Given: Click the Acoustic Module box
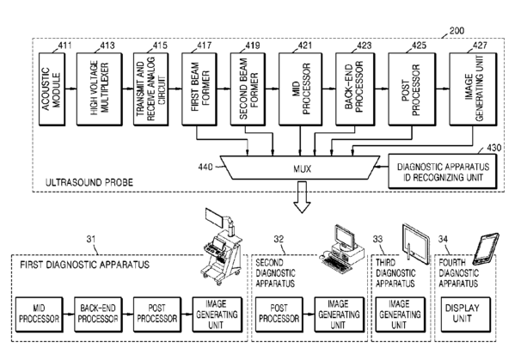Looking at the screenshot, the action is (x=52, y=89).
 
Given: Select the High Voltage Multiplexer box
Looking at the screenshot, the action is (x=100, y=89).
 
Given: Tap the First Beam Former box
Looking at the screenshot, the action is (x=199, y=89).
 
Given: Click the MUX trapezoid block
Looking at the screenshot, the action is (x=300, y=168).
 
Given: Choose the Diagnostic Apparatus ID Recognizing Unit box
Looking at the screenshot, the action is (x=443, y=172).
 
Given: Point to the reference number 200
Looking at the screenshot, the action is (x=457, y=31).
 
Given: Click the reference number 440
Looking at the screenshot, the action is (x=205, y=167).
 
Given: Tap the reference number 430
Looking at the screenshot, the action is (x=493, y=148).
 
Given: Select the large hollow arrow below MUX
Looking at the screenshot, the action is (x=302, y=197).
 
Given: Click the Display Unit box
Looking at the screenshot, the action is (x=465, y=314).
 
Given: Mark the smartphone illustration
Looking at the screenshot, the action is (x=486, y=249).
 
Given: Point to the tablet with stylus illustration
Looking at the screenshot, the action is (x=416, y=243).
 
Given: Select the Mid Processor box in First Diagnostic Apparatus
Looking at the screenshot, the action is (x=40, y=314).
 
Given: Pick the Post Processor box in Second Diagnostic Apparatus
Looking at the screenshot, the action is (x=279, y=314).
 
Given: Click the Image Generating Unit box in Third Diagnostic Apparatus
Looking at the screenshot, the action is (x=400, y=314).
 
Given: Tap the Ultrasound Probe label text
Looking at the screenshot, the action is (x=89, y=182).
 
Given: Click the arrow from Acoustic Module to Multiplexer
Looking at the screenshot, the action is (x=70, y=88).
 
